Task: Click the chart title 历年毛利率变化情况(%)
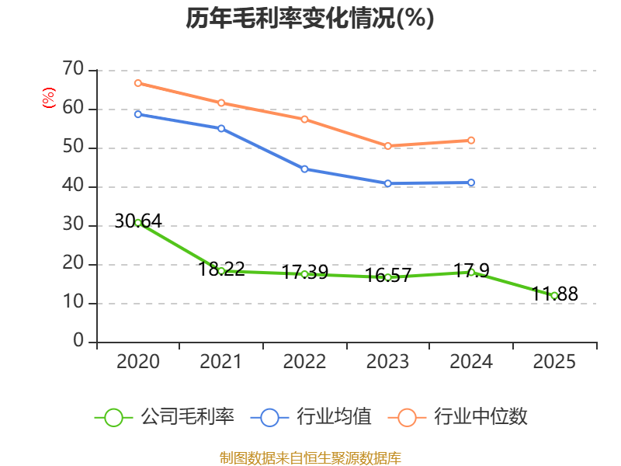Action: pyautogui.click(x=310, y=19)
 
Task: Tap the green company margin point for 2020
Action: pyautogui.click(x=138, y=223)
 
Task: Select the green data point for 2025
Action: pyautogui.click(x=554, y=295)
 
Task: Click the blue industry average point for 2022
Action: pyautogui.click(x=304, y=169)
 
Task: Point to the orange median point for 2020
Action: pyautogui.click(x=138, y=83)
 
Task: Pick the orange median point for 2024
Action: pyautogui.click(x=471, y=141)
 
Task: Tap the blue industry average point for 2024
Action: pyautogui.click(x=471, y=183)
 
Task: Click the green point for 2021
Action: pyautogui.click(x=221, y=271)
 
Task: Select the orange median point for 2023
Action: pyautogui.click(x=388, y=146)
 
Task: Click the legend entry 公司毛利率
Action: pyautogui.click(x=165, y=417)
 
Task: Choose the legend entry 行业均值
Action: pyautogui.click(x=311, y=417)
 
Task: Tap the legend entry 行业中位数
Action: pyautogui.click(x=463, y=417)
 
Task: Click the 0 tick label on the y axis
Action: pyautogui.click(x=78, y=341)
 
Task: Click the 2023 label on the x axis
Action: pyautogui.click(x=388, y=362)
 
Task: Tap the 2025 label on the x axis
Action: pyautogui.click(x=554, y=362)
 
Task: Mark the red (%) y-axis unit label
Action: pyautogui.click(x=48, y=99)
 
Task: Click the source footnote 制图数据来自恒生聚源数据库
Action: pyautogui.click(x=310, y=457)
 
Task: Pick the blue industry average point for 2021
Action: pyautogui.click(x=221, y=128)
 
